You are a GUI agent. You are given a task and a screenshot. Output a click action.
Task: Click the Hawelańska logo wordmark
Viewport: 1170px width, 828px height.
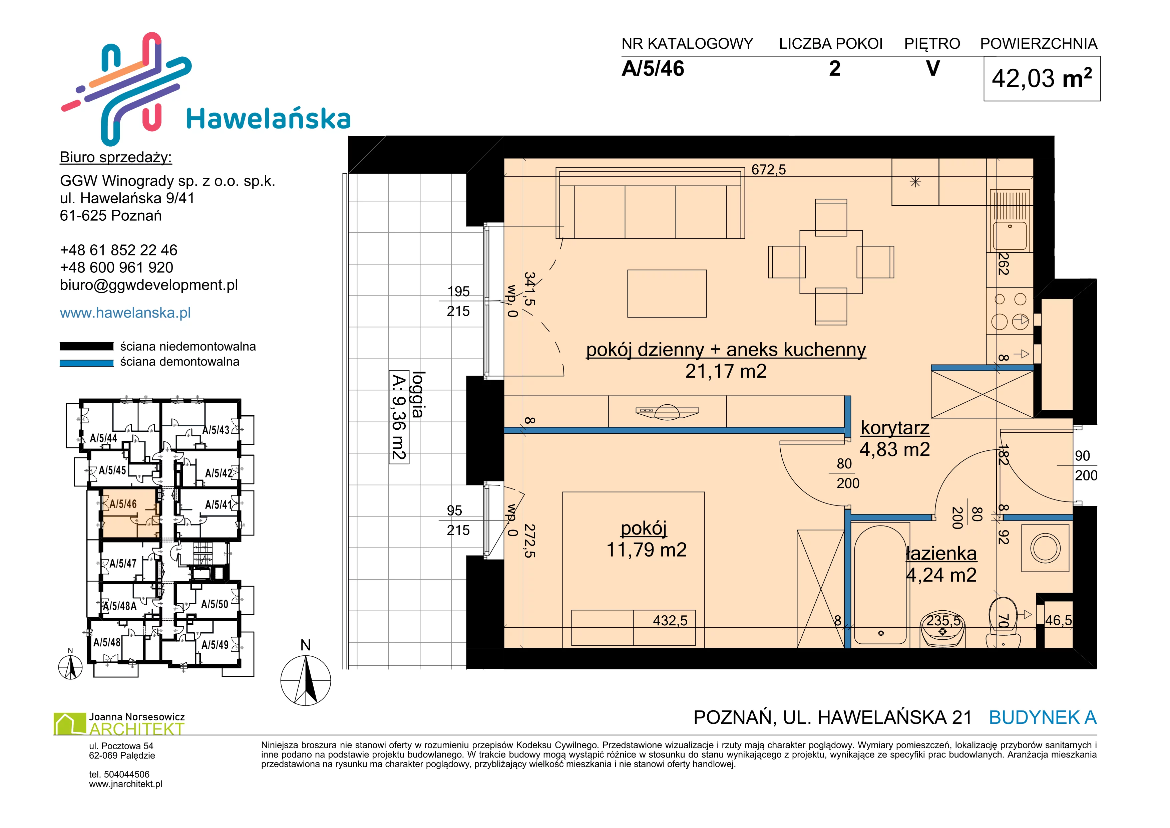[x=269, y=119]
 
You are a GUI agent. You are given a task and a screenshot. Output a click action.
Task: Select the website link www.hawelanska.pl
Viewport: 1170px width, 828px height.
[x=125, y=313]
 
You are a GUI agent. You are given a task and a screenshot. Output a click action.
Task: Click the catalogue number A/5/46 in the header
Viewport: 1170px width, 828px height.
[x=653, y=69]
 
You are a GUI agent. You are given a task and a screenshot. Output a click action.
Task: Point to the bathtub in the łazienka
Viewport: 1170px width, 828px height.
[x=880, y=584]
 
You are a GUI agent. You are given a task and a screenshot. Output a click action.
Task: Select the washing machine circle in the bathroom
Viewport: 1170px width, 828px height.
[x=1045, y=549]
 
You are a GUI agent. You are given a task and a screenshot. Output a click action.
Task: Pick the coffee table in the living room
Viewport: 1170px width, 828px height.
[x=667, y=294]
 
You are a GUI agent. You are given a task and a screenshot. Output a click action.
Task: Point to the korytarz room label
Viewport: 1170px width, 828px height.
[x=895, y=428]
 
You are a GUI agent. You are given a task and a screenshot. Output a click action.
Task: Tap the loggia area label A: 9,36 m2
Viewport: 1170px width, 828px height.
[x=399, y=417]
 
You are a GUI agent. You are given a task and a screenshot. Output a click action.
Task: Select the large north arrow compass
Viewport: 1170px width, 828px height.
[x=306, y=680]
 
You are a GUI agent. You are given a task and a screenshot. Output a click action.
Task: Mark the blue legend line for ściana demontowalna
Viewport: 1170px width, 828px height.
[x=87, y=363]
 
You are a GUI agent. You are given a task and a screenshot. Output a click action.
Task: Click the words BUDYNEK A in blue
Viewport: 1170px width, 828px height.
[x=1043, y=717]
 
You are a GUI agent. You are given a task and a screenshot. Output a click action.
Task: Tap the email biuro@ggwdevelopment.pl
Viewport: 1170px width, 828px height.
[x=149, y=285]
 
